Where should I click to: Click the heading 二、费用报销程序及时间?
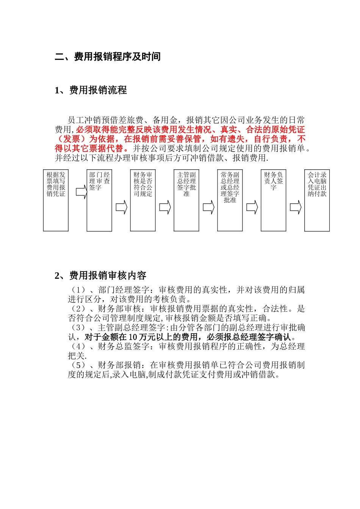pyautogui.click(x=108, y=57)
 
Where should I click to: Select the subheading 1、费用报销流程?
pyautogui.click(x=91, y=90)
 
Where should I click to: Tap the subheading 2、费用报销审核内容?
pyautogui.click(x=100, y=275)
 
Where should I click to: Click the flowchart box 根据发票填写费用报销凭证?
pyautogui.click(x=56, y=200)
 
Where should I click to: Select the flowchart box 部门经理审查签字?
pyautogui.click(x=99, y=200)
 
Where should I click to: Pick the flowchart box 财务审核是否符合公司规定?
pyautogui.click(x=143, y=200)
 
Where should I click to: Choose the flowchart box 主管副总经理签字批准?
pyautogui.click(x=186, y=200)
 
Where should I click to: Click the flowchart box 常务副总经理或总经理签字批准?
pyautogui.click(x=230, y=200)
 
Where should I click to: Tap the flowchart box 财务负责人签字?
pyautogui.click(x=273, y=200)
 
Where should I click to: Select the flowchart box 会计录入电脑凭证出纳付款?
pyautogui.click(x=317, y=200)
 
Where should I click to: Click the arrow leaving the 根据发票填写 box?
pyautogui.click(x=81, y=192)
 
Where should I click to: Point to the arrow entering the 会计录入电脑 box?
pyautogui.click(x=296, y=207)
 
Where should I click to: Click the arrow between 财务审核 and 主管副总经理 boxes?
pyautogui.click(x=165, y=207)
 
